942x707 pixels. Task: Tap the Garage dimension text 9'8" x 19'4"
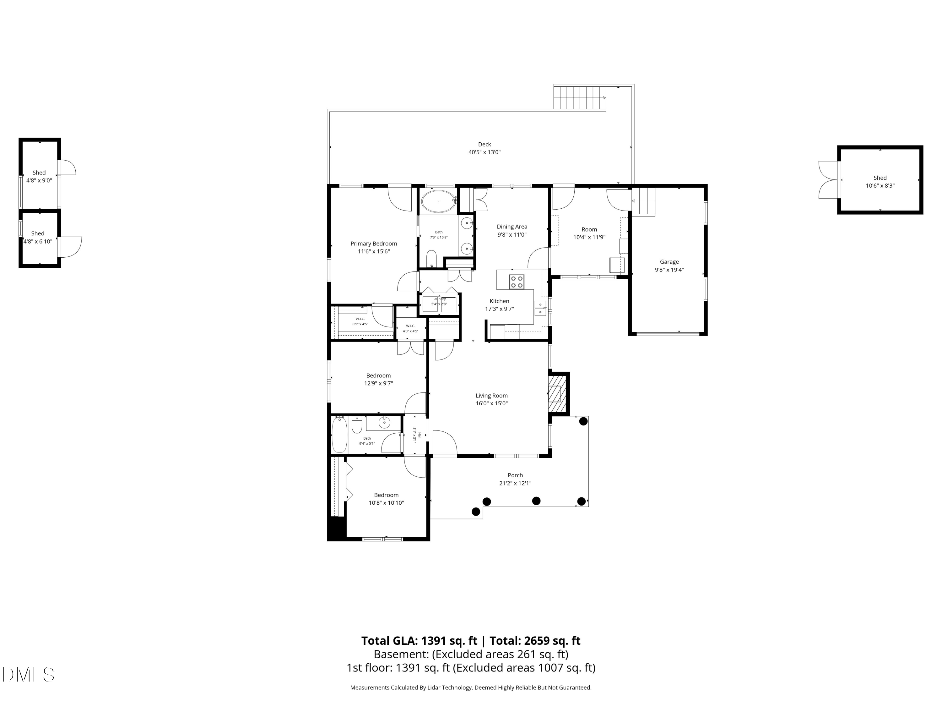669,270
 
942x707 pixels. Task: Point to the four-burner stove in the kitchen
517,282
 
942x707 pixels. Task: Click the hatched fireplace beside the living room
557,393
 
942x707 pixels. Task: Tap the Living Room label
491,396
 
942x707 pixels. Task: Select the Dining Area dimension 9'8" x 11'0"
512,235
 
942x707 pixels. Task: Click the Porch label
515,475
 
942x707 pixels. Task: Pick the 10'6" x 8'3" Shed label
880,178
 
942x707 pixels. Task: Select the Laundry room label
439,299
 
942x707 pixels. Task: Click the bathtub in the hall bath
339,435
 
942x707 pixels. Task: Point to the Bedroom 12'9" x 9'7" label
378,376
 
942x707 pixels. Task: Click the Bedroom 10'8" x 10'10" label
386,495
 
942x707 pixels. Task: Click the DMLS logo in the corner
28,674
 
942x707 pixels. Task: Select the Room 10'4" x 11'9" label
589,230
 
